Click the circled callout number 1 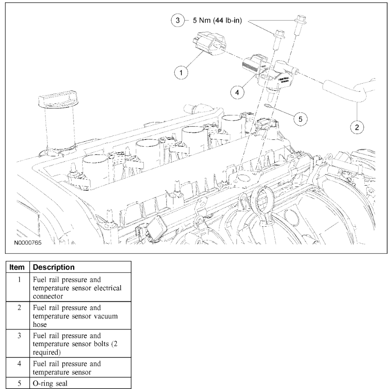pos(182,72)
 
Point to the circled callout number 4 pos(237,92)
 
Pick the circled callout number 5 pos(300,119)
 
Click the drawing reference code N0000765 pos(27,243)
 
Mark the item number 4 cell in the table pos(20,364)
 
